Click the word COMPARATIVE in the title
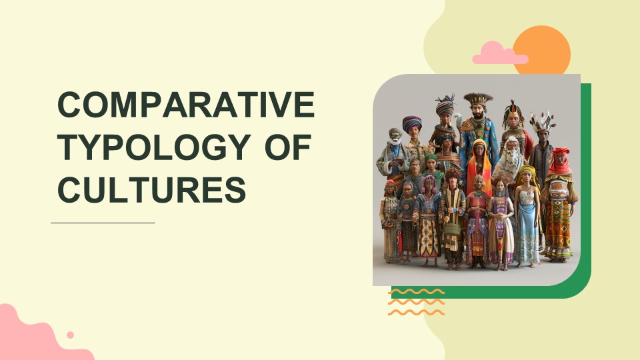pos(186,105)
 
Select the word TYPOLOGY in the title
pos(154,147)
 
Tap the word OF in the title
pos(288,147)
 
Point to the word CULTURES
pos(152,189)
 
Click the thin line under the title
pos(103,223)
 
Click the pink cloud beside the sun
pos(499,53)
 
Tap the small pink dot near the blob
pos(70,335)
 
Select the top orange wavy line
pos(416,291)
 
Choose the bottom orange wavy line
pos(416,313)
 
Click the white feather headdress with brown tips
pos(542,121)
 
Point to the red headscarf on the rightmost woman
pos(560,160)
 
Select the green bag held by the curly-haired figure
pos(452,229)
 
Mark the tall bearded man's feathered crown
pos(478,99)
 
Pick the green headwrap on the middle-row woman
pos(431,157)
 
